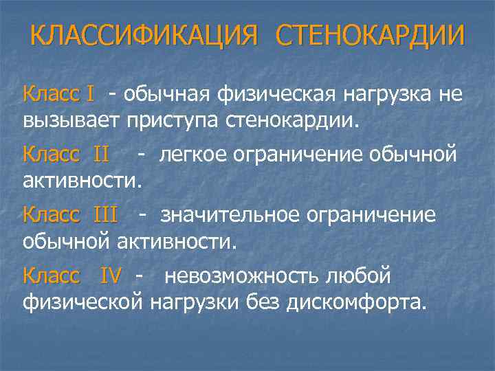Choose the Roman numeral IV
(111, 276)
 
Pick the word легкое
(192, 155)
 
